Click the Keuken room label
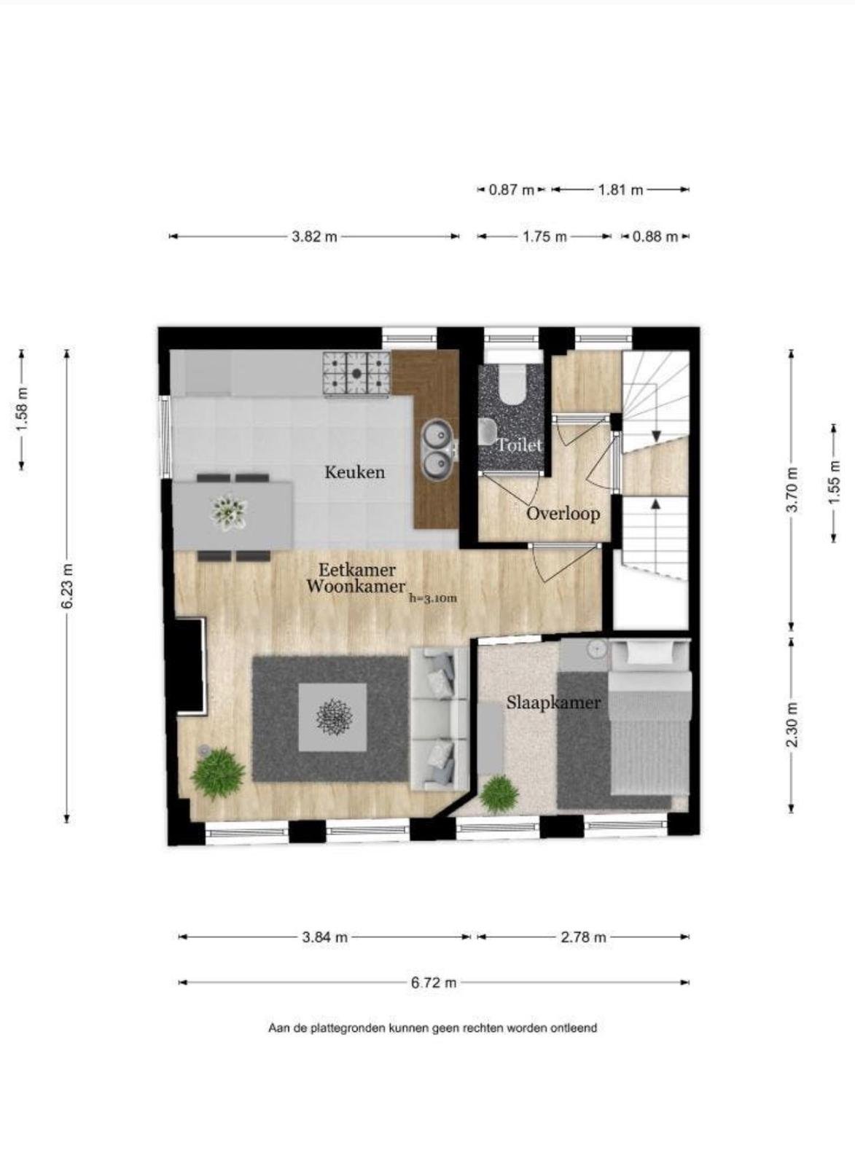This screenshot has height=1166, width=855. click(354, 472)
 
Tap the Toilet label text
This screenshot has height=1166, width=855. click(520, 445)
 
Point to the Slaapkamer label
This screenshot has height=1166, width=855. click(553, 703)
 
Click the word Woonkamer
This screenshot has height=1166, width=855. click(356, 587)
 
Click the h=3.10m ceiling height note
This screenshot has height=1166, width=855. click(433, 598)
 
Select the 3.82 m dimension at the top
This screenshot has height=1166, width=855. click(314, 237)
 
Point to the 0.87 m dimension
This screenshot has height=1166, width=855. click(512, 190)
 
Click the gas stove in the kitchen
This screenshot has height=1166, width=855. click(356, 372)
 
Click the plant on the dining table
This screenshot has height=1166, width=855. click(230, 513)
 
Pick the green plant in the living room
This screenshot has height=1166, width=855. click(218, 773)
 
